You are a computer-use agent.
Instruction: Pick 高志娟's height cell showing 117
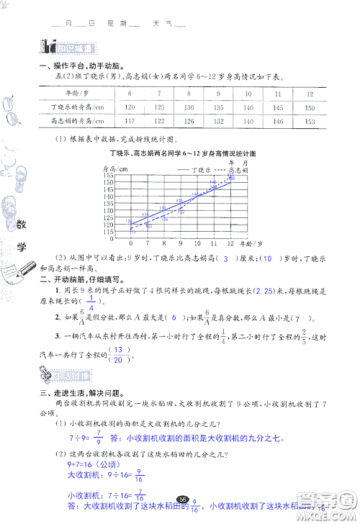(x=130, y=121)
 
